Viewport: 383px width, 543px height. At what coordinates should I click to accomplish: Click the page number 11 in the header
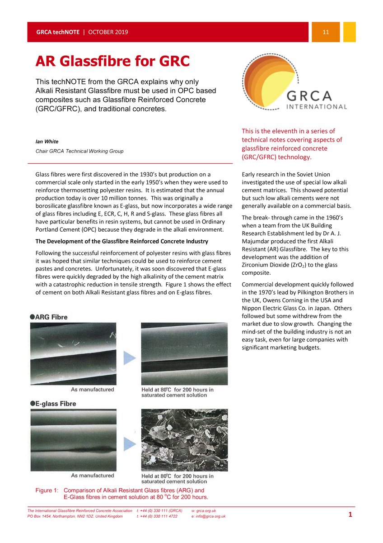click(325, 32)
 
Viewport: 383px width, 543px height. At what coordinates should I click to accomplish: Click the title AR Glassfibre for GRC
click(112, 61)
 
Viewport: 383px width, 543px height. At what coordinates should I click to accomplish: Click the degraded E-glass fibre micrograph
click(184, 439)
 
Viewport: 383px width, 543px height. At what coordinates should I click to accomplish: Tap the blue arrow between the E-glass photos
click(130, 440)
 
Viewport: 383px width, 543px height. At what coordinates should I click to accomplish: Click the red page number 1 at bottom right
click(350, 514)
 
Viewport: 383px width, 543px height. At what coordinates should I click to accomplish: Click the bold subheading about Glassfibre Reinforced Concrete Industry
click(121, 241)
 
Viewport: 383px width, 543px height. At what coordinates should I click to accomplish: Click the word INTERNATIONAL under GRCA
click(316, 107)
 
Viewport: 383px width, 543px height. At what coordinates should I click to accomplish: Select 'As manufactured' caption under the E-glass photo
click(93, 476)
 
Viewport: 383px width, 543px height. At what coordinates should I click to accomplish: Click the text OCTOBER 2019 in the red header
click(108, 32)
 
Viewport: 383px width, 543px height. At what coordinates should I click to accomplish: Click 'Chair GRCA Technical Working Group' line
click(76, 151)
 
